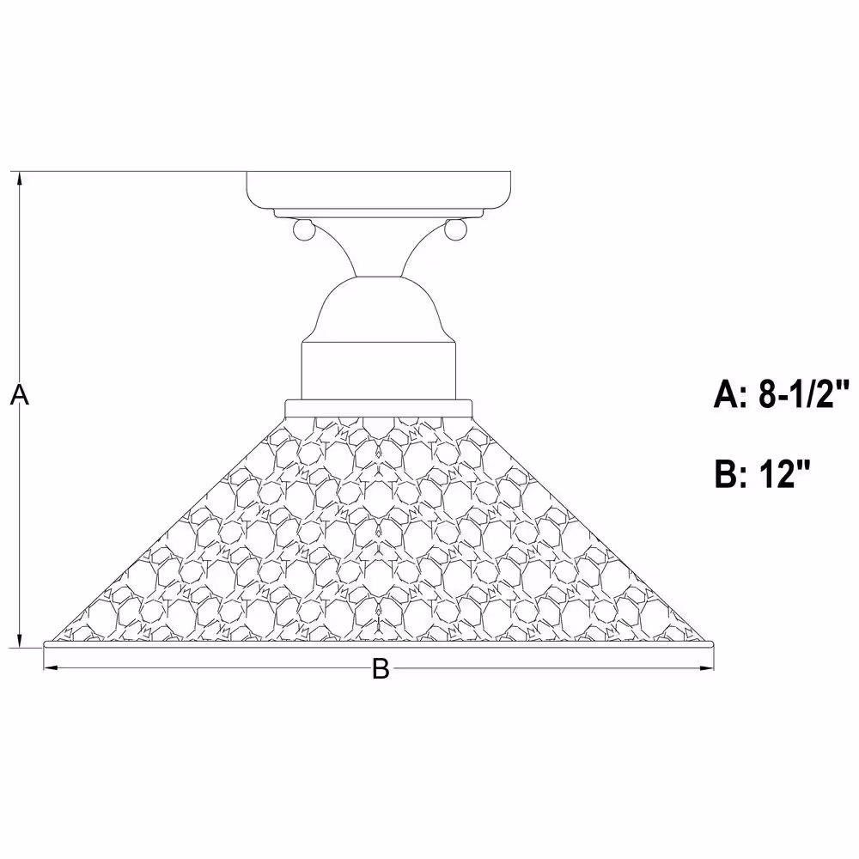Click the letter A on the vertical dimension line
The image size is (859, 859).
tap(20, 394)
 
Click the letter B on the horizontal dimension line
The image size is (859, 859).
tap(381, 668)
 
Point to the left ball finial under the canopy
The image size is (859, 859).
tap(303, 229)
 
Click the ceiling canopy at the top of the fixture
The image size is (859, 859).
tap(379, 190)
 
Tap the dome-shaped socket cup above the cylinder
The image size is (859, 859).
tap(379, 309)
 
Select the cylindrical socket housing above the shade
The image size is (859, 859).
tap(379, 371)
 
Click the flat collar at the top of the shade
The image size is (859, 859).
tap(379, 409)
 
